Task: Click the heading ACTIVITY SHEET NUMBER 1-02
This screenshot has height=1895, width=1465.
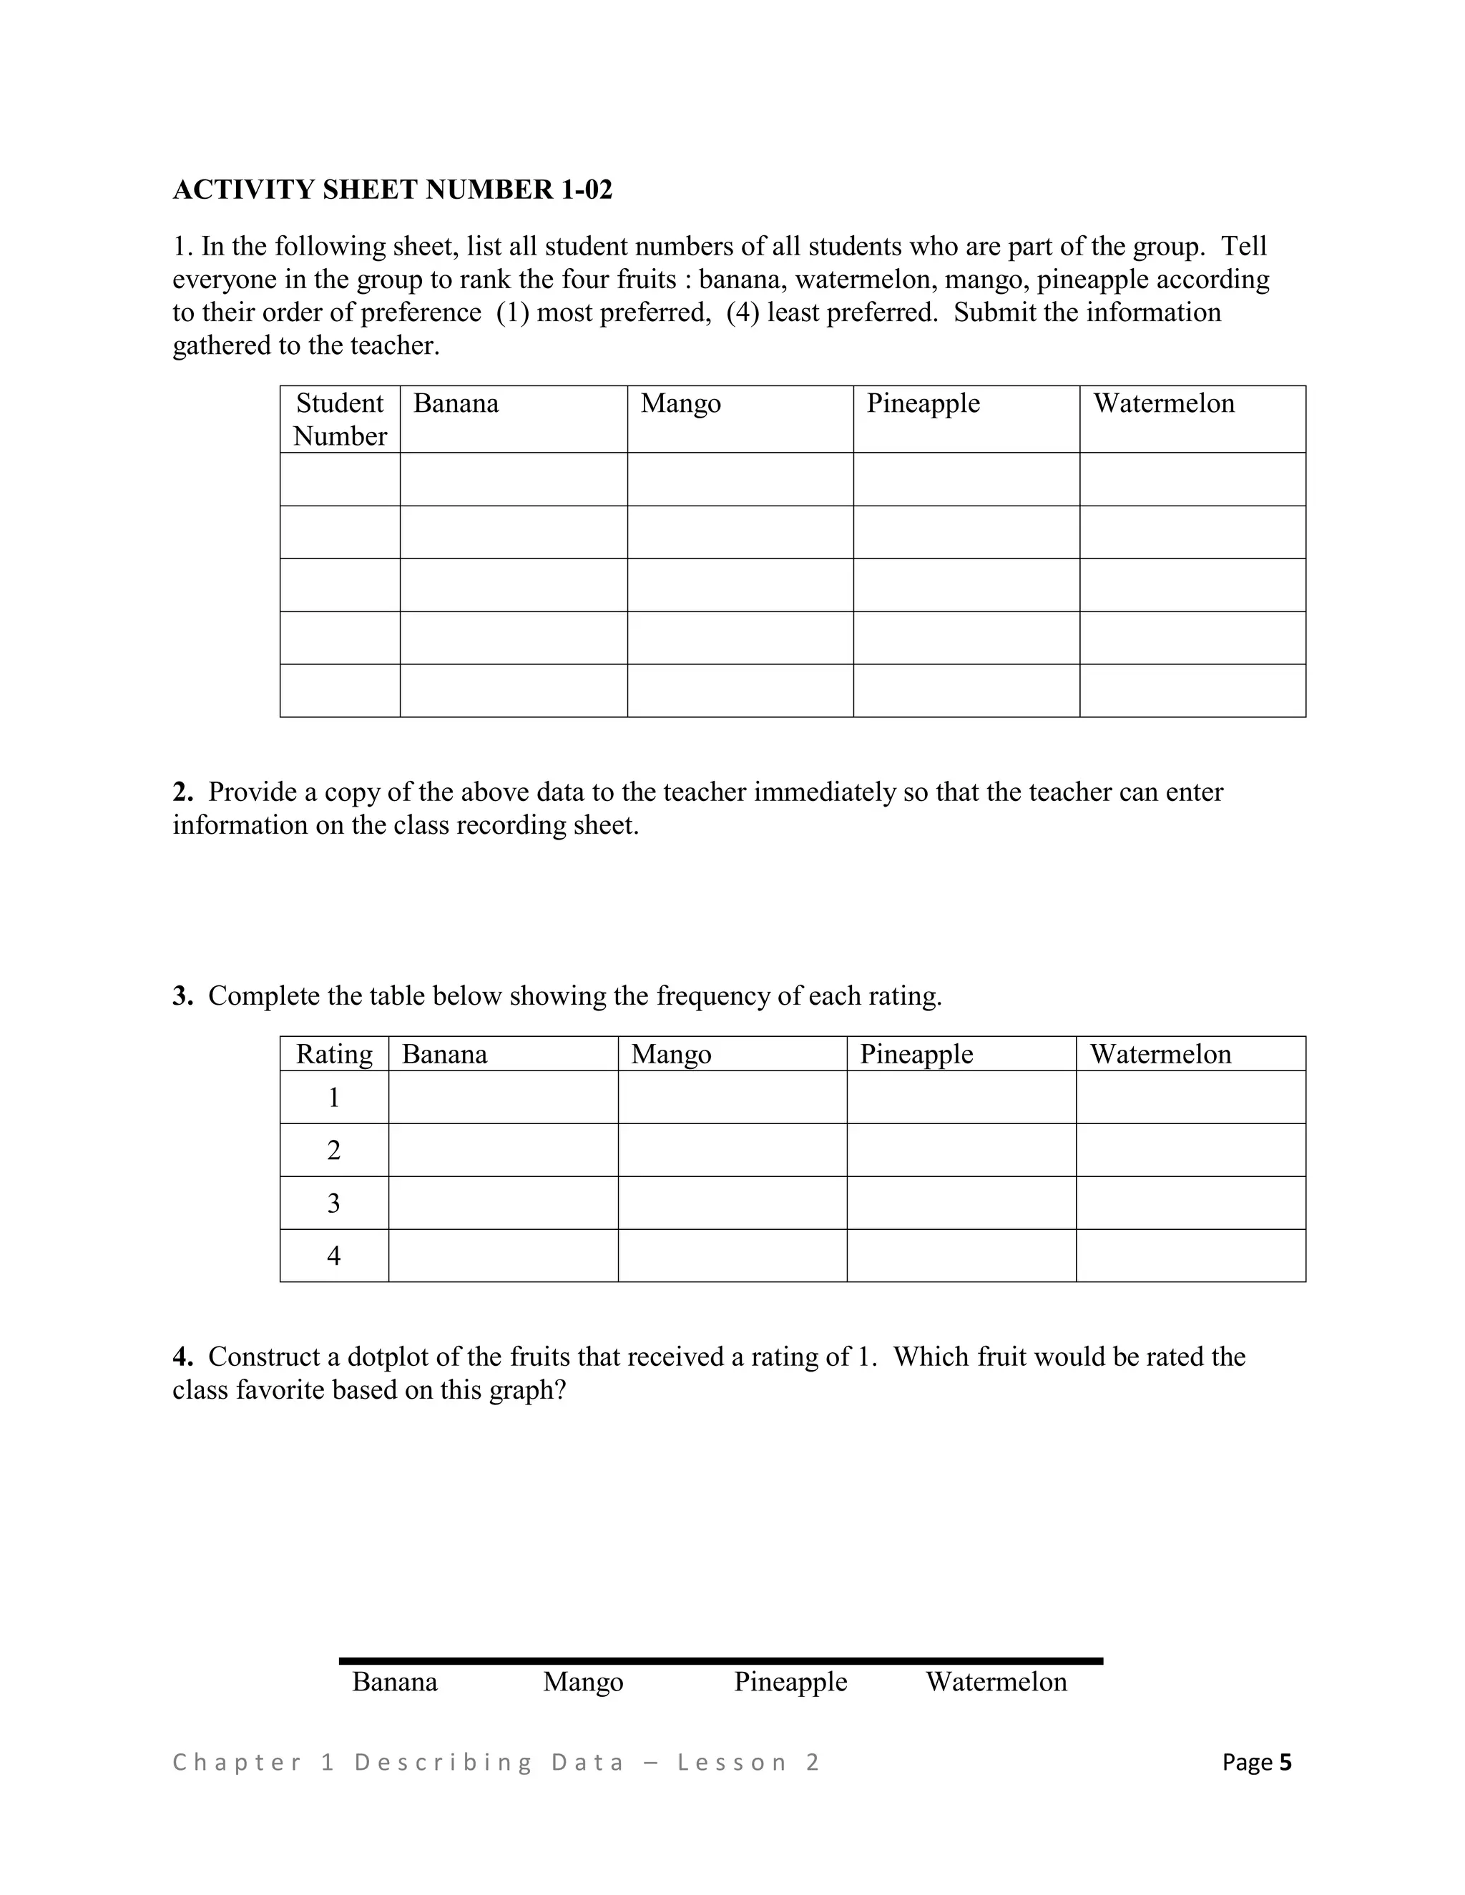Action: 392,190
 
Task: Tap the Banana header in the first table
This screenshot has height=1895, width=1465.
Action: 456,403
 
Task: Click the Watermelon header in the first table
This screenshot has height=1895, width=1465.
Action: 1163,403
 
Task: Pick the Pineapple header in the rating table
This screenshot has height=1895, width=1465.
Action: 916,1054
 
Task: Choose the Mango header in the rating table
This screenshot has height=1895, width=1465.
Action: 671,1054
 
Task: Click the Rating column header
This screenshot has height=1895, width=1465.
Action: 334,1054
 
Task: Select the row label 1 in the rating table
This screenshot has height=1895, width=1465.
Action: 334,1098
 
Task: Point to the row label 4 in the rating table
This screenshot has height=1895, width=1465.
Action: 334,1256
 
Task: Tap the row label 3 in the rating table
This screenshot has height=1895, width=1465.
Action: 334,1204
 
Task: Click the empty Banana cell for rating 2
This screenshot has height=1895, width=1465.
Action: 504,1151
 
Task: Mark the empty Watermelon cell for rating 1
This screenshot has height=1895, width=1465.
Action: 1191,1098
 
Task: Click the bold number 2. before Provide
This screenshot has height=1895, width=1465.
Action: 182,792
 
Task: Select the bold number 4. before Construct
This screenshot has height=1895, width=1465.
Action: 182,1357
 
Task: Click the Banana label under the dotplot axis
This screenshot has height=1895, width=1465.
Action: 395,1683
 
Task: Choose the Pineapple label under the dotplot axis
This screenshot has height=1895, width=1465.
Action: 790,1683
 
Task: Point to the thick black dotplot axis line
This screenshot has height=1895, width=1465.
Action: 720,1660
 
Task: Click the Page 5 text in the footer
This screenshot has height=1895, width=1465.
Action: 1256,1762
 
